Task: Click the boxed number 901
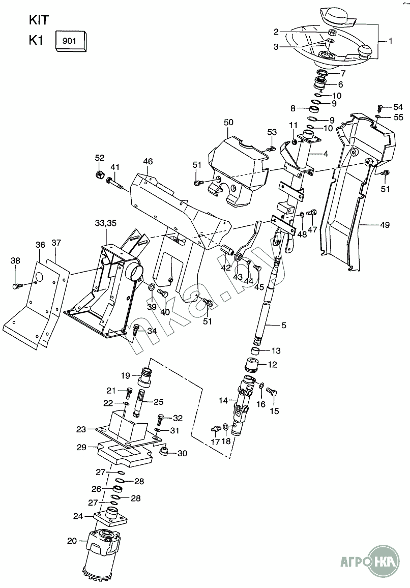71,40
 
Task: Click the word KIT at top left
39,20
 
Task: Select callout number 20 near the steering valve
72,540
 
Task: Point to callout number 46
148,162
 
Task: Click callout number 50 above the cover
228,123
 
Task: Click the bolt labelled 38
16,286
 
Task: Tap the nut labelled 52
100,176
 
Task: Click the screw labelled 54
379,107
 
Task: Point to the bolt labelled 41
114,182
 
